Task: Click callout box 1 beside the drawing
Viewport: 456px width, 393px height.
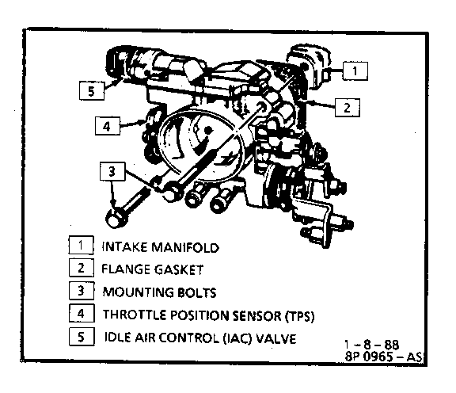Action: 355,71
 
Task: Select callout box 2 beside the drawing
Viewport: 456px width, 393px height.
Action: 348,108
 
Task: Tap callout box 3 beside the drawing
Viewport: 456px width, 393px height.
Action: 112,171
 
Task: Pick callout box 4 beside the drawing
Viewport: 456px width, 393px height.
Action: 108,126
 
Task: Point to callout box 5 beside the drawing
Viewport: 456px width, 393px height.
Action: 92,91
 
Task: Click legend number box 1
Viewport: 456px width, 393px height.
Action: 81,245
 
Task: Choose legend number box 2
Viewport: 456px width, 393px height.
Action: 81,268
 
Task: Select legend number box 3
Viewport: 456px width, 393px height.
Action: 82,290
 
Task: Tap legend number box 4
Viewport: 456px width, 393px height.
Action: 82,313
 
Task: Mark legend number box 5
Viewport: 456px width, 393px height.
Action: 82,337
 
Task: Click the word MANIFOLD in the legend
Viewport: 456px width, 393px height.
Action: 185,247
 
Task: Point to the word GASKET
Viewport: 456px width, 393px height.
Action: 179,269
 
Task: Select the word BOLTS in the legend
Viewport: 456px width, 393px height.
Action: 197,292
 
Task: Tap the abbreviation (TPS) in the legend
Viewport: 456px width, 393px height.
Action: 299,316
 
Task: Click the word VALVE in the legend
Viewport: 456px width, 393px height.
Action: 276,338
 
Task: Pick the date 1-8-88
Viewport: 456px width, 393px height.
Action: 371,345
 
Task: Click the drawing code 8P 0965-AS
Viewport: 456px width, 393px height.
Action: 383,356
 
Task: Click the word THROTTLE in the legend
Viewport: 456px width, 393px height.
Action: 135,315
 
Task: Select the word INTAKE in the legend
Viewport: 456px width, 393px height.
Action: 125,247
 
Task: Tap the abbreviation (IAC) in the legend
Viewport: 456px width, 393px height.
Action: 237,338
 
